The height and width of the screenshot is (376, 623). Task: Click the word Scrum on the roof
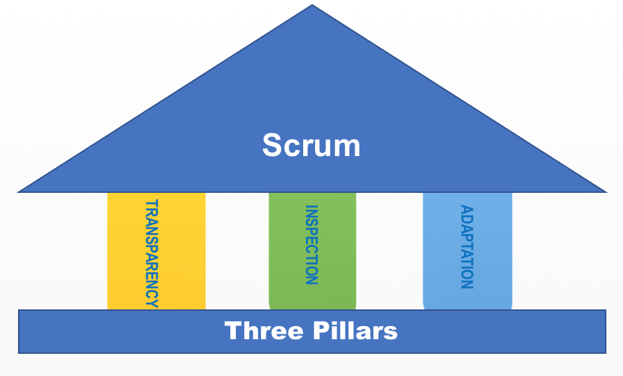(x=311, y=146)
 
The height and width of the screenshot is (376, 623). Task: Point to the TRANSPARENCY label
(x=151, y=253)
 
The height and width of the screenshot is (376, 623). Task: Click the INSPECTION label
(x=311, y=245)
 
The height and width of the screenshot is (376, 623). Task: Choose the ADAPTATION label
(x=466, y=246)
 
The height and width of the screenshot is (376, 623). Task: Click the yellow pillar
(x=125, y=250)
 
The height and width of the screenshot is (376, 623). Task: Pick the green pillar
(x=288, y=250)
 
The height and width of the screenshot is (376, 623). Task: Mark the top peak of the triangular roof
(x=312, y=6)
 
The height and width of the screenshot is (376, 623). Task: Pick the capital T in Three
(x=232, y=331)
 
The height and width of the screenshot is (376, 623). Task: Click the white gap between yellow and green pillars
(x=237, y=250)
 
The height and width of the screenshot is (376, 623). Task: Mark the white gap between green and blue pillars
(x=389, y=250)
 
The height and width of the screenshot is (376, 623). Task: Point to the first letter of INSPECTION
(x=311, y=207)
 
